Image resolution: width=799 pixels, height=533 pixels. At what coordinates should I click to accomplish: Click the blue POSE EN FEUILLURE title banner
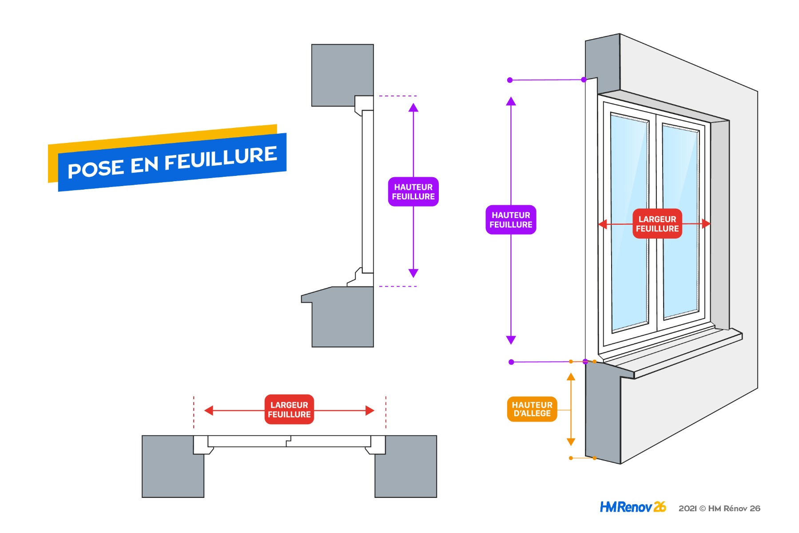coord(172,163)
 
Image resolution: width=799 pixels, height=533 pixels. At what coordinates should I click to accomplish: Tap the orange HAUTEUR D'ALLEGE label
coord(532,409)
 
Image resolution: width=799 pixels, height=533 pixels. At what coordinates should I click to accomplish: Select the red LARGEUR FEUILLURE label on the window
coord(657,224)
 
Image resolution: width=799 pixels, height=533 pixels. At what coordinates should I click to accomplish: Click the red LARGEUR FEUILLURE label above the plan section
coord(289,410)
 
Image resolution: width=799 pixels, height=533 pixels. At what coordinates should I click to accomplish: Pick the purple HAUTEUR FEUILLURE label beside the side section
coord(413,192)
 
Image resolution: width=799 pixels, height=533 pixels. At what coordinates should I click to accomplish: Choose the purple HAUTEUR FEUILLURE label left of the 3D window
coord(511,220)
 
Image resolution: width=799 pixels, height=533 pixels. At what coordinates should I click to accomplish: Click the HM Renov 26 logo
coord(632,507)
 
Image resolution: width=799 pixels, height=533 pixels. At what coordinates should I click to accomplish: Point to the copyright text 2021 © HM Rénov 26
coord(719,509)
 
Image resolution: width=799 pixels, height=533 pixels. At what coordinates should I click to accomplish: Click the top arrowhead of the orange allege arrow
coord(571,377)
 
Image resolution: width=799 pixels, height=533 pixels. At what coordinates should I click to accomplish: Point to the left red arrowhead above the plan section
coord(209,410)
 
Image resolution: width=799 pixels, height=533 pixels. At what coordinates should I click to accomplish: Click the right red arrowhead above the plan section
coord(370,410)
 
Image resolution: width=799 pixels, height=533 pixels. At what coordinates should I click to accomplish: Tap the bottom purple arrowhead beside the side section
coord(413,273)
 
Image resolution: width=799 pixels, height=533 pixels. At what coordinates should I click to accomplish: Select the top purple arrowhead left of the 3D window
coord(511,101)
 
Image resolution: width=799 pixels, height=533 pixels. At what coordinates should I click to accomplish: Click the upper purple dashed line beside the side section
coord(398,96)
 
